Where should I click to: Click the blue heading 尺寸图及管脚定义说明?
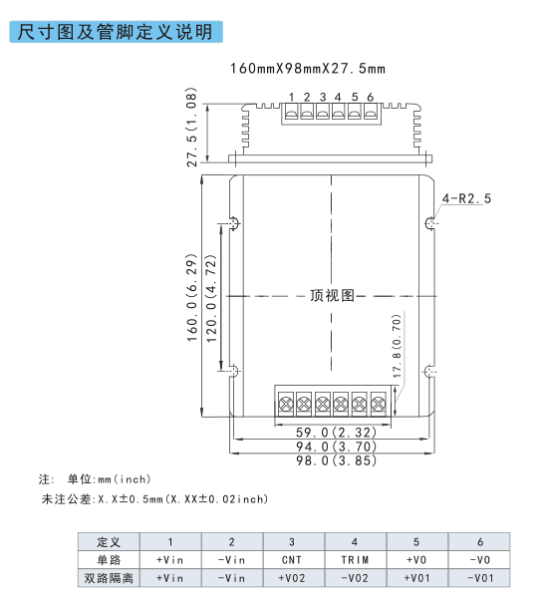(116, 32)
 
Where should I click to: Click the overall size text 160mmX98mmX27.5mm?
(307, 69)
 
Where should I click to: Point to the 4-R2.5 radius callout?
(466, 198)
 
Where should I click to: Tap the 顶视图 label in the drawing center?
(332, 296)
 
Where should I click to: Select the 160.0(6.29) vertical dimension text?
(191, 297)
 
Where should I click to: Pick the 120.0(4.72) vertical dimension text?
(211, 299)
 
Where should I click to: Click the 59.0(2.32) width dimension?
(336, 433)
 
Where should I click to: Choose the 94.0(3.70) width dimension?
(336, 447)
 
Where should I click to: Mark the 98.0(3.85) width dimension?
(336, 459)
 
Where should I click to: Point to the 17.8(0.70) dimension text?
(397, 346)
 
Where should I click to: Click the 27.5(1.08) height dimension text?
(191, 127)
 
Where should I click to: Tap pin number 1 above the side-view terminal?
(292, 98)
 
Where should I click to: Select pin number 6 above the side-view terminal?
(371, 98)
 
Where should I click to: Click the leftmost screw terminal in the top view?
(286, 404)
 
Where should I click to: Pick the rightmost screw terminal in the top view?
(379, 404)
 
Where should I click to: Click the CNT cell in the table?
(292, 560)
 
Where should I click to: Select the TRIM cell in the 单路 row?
(355, 560)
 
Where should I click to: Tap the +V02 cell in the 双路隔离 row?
(292, 578)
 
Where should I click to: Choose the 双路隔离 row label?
(109, 578)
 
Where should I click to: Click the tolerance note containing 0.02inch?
(154, 499)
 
